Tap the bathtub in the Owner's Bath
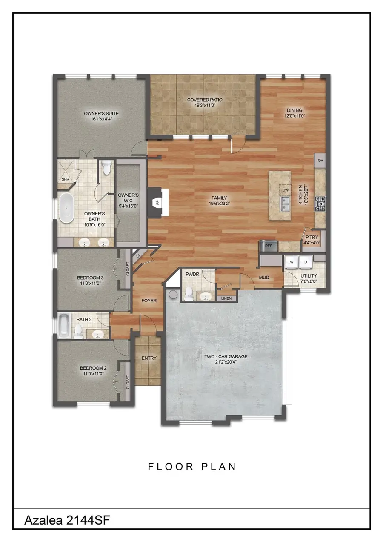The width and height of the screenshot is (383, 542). (x=66, y=209)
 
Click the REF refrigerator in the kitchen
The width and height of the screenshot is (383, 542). (x=269, y=246)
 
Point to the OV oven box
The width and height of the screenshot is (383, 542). (x=320, y=161)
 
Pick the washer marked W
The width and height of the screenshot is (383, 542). (x=292, y=262)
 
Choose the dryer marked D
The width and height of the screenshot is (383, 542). (x=306, y=262)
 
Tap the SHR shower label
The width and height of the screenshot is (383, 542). (x=65, y=179)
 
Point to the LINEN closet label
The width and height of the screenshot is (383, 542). (x=226, y=298)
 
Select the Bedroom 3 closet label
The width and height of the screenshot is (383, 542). (x=128, y=268)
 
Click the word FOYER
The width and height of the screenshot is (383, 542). (x=149, y=301)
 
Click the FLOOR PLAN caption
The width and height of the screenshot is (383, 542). (x=192, y=467)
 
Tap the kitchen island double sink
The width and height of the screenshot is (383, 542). (x=284, y=204)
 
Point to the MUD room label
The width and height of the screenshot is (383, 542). (x=264, y=278)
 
